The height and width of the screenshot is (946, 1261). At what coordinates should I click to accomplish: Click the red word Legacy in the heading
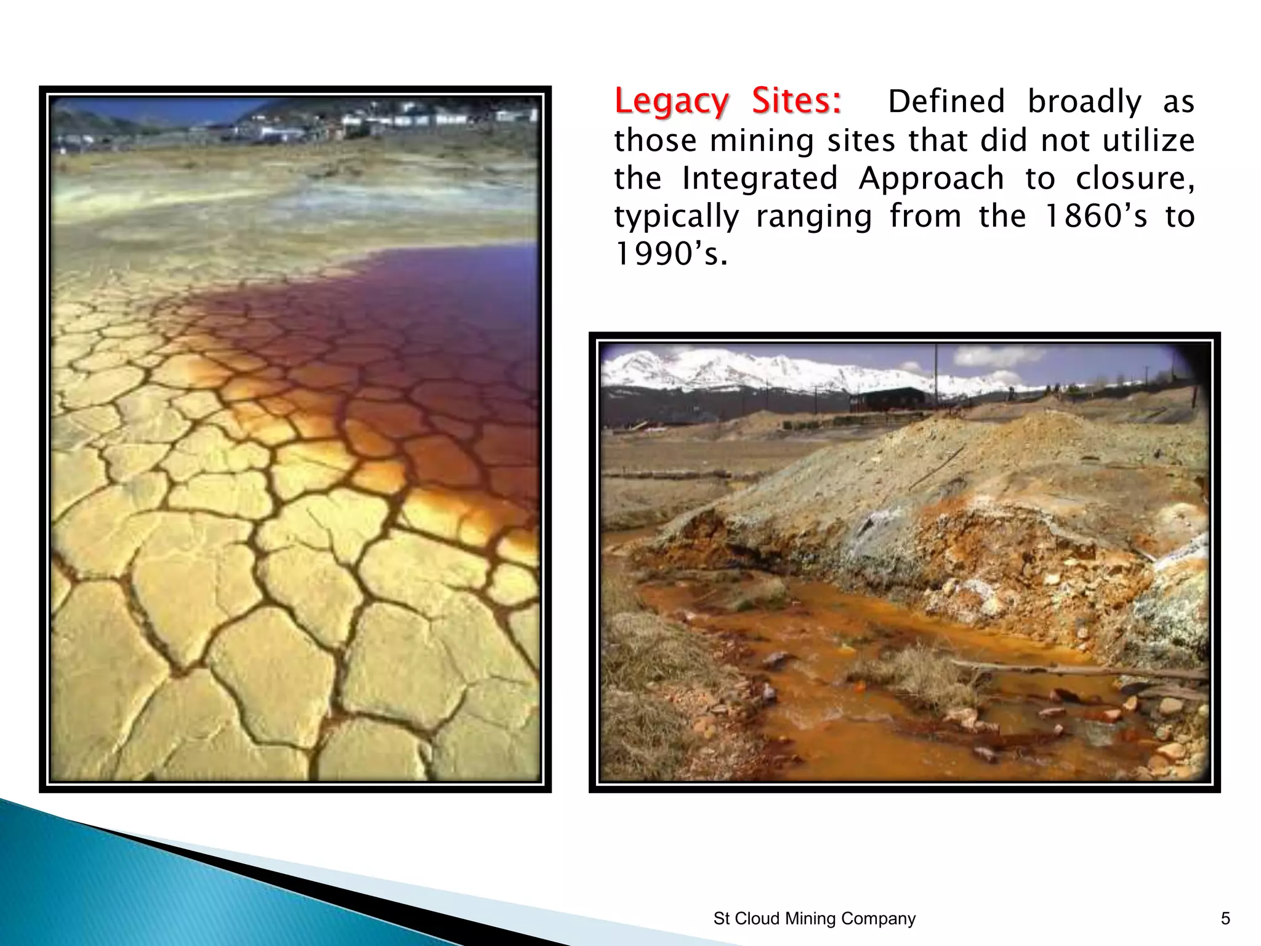click(671, 102)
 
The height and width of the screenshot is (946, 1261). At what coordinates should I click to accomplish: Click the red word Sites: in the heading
click(796, 102)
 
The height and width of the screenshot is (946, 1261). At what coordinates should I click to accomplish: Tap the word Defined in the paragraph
click(946, 102)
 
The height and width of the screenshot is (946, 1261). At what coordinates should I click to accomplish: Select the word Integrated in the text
click(760, 179)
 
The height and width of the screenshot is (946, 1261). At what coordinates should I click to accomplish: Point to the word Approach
click(931, 179)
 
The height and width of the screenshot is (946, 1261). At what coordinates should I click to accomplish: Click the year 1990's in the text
click(671, 254)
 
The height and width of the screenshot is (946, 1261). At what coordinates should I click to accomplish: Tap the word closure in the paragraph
click(1134, 179)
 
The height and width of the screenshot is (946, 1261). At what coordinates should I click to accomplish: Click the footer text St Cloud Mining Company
click(814, 918)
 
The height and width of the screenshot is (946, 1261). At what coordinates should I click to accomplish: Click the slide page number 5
click(1225, 918)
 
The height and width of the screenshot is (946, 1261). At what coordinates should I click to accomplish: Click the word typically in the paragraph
click(677, 217)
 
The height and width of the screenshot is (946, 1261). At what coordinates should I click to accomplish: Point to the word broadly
click(1084, 102)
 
